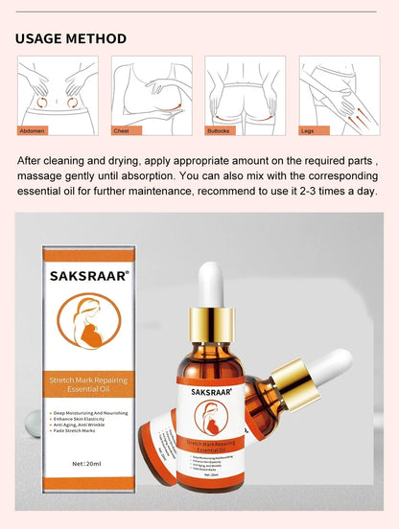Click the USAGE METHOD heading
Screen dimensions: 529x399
(x=71, y=38)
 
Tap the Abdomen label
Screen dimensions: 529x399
(x=34, y=129)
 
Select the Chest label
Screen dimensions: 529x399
(x=124, y=129)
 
